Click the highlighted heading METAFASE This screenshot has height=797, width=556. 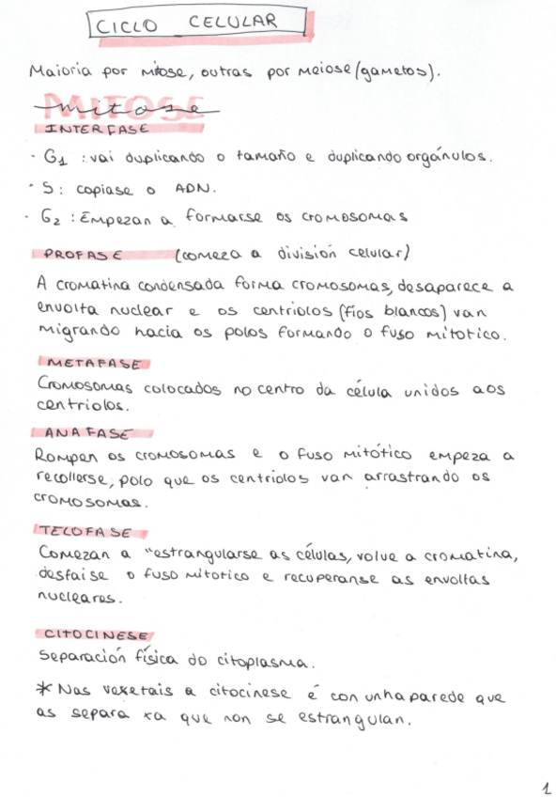pyautogui.click(x=94, y=362)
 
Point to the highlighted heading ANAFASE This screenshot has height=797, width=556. pyautogui.click(x=87, y=433)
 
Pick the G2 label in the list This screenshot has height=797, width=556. pyautogui.click(x=54, y=217)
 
